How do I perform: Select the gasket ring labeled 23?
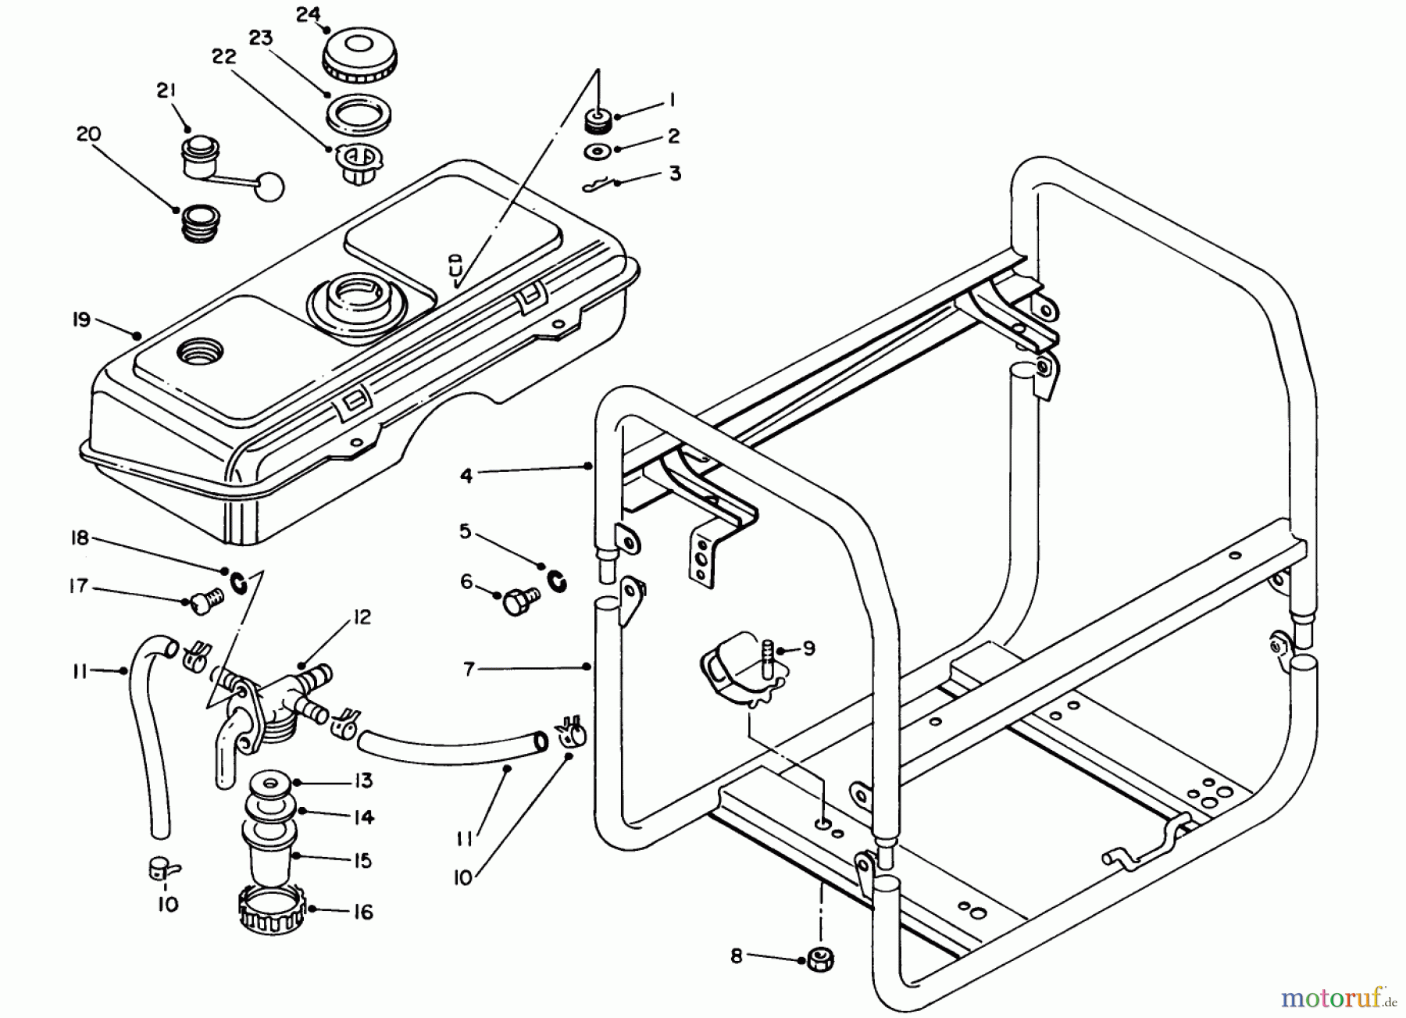359,112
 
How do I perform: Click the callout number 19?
81,320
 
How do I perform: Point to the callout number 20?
88,134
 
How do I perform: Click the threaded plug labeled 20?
200,223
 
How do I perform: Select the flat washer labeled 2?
597,150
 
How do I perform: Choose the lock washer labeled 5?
558,580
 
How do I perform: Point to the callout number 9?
808,648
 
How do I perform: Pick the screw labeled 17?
205,600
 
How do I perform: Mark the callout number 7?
469,670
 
